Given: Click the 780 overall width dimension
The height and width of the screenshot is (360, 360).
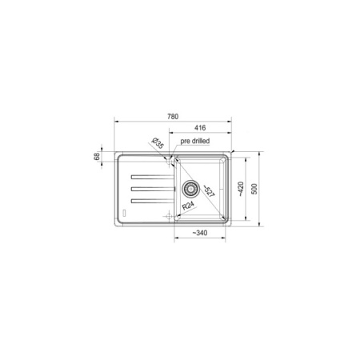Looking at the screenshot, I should tap(174, 116).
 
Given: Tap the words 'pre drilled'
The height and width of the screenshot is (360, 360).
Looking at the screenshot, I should tap(196, 141).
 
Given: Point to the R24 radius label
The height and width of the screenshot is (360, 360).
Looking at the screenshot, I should tap(186, 206).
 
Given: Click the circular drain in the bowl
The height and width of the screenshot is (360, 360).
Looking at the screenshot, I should tap(192, 189).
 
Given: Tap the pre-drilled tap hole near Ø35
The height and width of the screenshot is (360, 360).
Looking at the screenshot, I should tap(170, 160).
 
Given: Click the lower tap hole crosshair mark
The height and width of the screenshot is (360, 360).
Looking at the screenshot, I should tap(169, 217).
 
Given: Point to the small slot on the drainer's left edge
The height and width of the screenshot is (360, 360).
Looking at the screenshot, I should tap(123, 211).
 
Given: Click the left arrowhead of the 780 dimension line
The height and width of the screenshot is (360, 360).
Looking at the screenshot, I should tap(118, 122).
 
